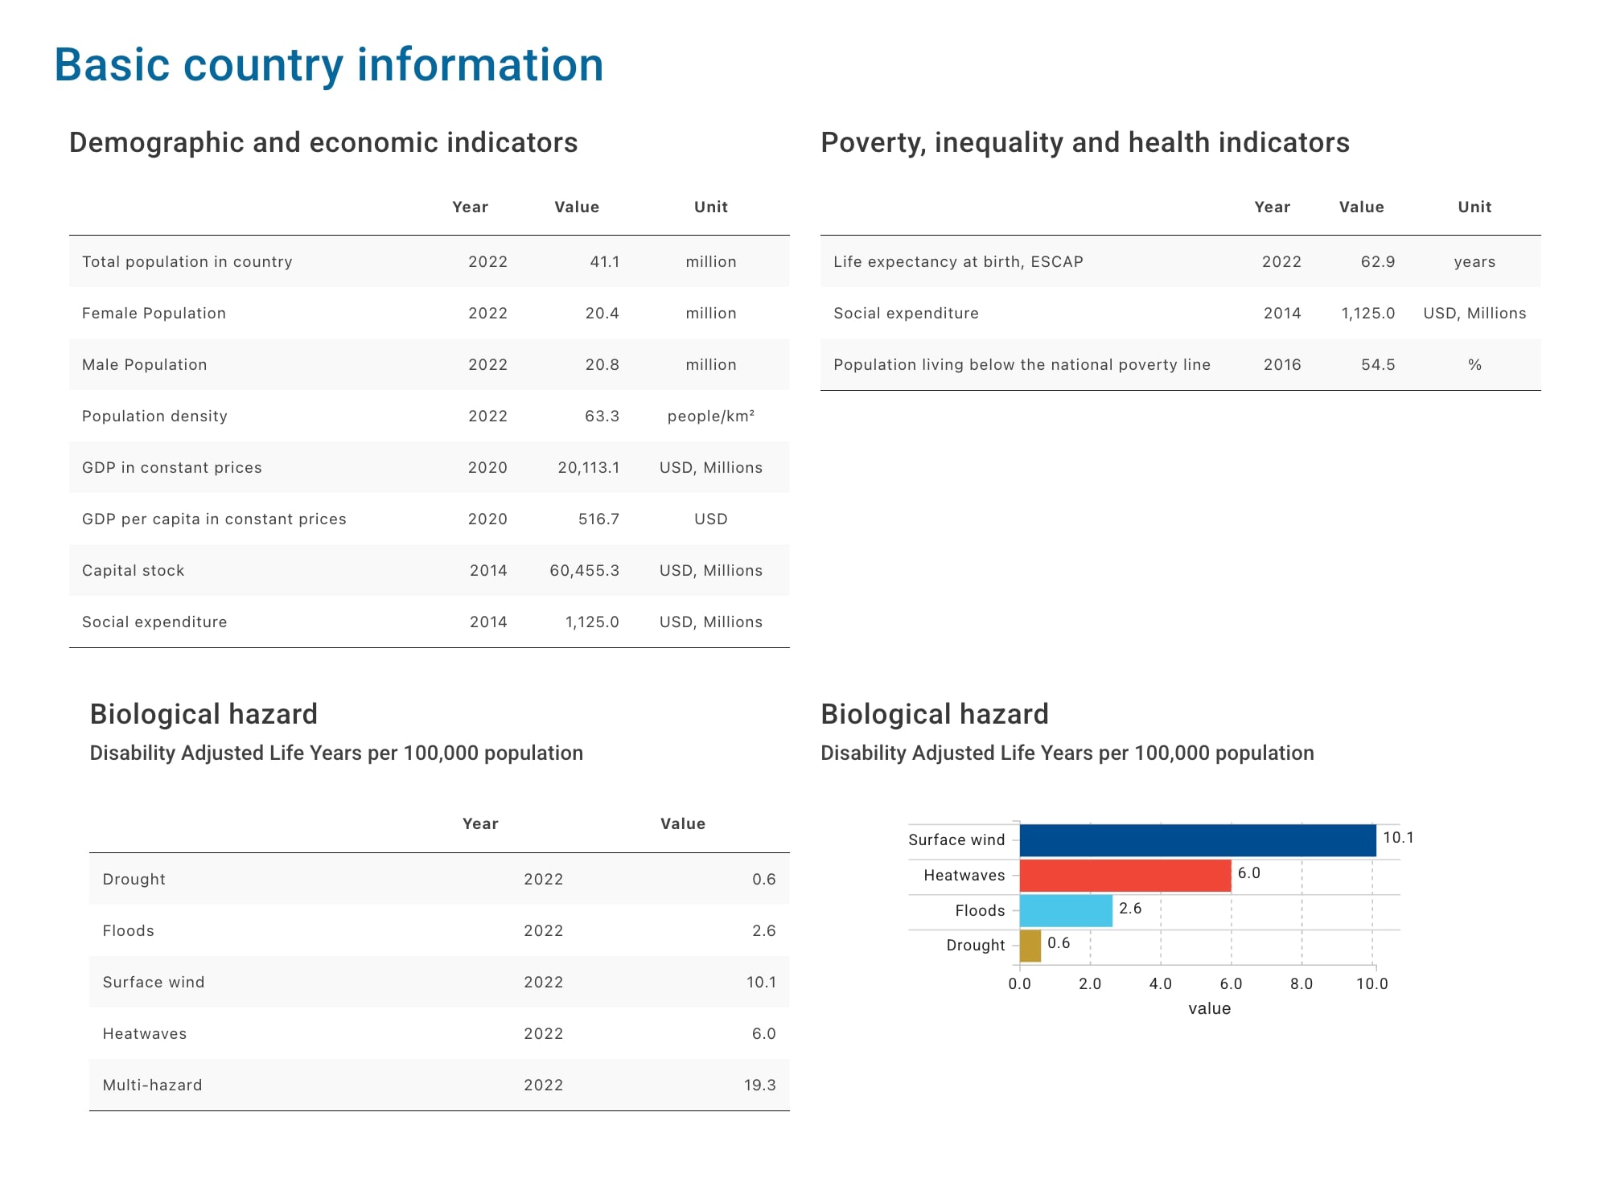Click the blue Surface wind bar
tap(1197, 840)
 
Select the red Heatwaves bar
tap(1125, 876)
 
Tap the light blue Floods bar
tap(1065, 911)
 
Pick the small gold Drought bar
tap(1030, 946)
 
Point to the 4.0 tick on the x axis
tap(1160, 983)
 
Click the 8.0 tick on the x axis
tap(1301, 983)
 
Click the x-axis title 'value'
tap(1209, 1008)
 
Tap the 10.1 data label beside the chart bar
tap(1398, 838)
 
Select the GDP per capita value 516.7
tap(598, 519)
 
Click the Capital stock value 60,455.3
tap(584, 570)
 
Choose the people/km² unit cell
tap(710, 416)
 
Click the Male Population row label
tap(144, 364)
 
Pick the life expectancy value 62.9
tap(1377, 261)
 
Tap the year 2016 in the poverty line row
tap(1281, 364)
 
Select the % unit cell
tap(1474, 364)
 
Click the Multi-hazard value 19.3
tap(759, 1085)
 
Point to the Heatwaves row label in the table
tap(144, 1033)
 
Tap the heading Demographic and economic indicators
tap(323, 142)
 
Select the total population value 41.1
tap(604, 261)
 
